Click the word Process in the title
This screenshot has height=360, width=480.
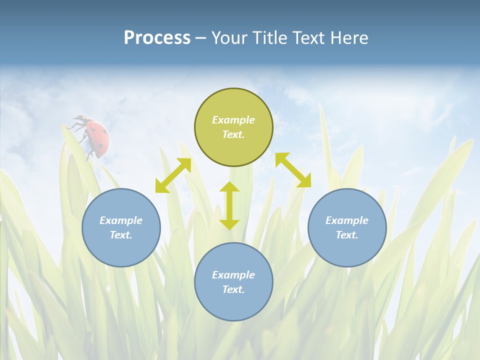tap(157, 38)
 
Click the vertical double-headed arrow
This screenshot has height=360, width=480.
tap(229, 205)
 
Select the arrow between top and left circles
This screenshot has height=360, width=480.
tap(173, 175)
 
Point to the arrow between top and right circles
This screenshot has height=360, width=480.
tap(293, 170)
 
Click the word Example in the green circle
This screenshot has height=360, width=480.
tap(233, 120)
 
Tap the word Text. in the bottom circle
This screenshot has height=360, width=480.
tap(233, 289)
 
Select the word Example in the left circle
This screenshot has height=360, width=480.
tap(121, 220)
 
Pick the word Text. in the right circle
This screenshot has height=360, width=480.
tap(347, 235)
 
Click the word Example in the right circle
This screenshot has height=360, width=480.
tap(347, 220)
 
